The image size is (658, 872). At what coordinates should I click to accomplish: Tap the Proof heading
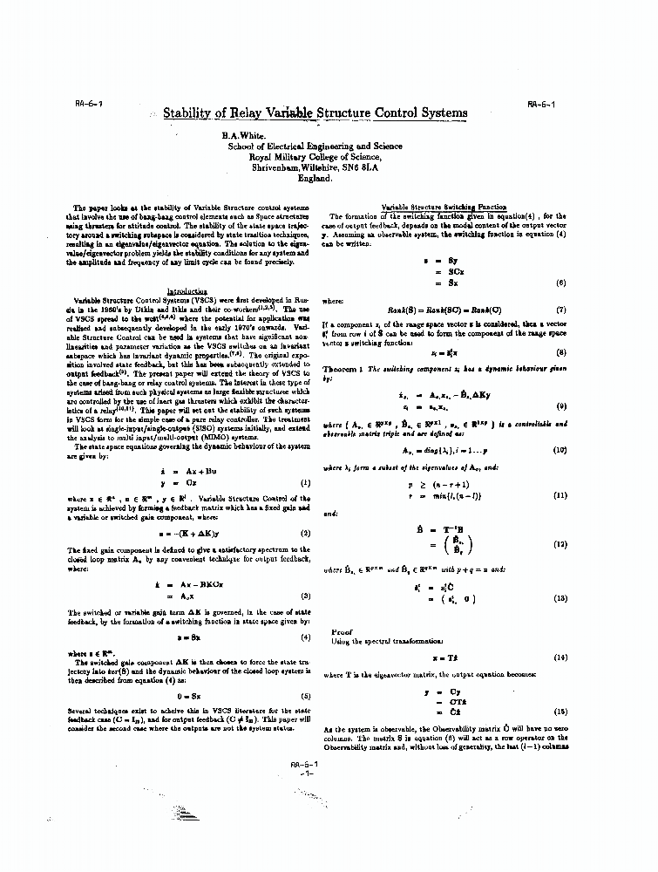tap(342, 631)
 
